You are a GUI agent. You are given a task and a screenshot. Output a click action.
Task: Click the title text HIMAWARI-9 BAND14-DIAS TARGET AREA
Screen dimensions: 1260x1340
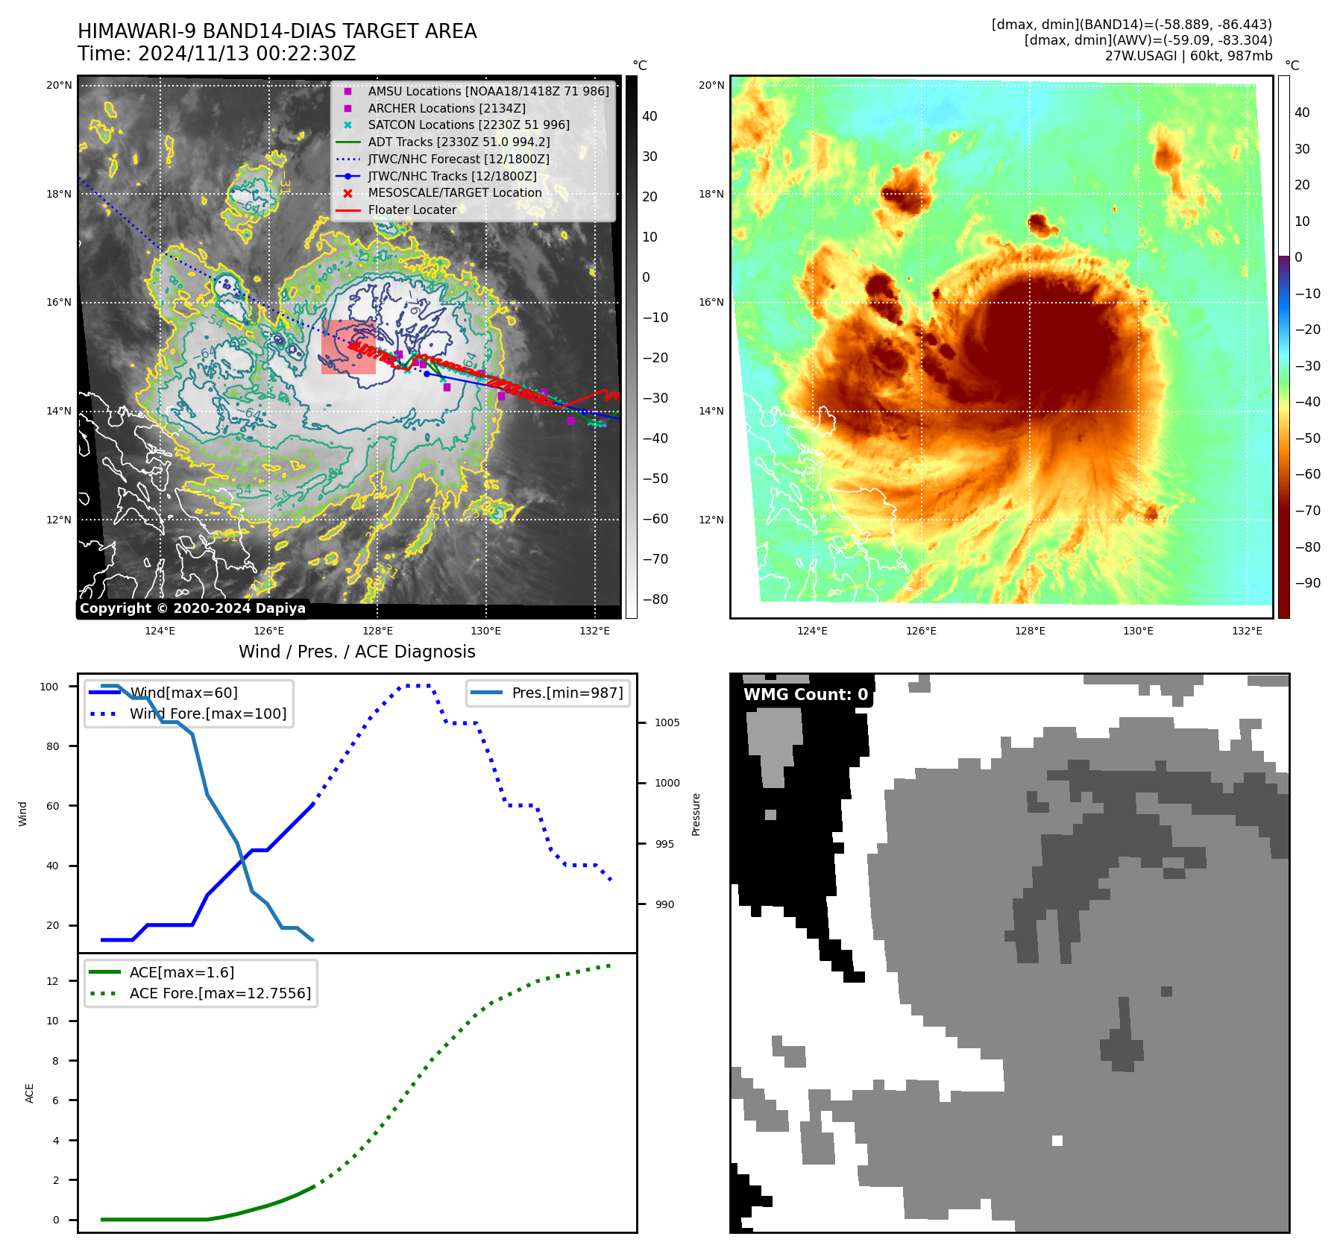click(x=277, y=31)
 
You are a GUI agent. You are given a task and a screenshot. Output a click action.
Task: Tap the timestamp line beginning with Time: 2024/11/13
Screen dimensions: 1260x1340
click(x=216, y=54)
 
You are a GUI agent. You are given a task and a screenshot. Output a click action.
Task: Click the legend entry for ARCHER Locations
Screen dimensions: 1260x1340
click(x=446, y=108)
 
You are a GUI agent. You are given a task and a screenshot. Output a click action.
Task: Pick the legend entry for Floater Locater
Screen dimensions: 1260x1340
click(x=412, y=210)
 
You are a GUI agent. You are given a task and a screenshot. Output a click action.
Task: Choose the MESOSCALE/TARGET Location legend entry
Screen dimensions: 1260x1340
click(x=454, y=193)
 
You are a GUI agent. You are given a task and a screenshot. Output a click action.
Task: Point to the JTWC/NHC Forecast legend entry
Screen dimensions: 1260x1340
click(x=458, y=160)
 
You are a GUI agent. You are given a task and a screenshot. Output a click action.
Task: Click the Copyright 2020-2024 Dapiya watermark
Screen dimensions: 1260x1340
click(x=192, y=608)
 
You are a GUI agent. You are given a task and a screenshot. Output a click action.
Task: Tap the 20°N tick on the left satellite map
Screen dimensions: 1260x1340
click(x=59, y=85)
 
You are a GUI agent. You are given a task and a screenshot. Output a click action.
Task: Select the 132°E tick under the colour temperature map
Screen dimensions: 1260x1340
click(x=1247, y=631)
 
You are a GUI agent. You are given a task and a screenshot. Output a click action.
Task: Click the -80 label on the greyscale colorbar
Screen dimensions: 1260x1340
click(x=655, y=599)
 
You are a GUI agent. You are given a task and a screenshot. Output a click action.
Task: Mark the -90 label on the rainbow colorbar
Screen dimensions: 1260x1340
click(x=1307, y=583)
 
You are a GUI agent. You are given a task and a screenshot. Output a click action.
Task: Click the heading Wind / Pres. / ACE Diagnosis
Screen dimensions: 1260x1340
click(x=356, y=652)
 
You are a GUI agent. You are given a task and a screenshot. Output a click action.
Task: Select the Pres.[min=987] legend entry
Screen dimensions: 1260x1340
click(x=567, y=693)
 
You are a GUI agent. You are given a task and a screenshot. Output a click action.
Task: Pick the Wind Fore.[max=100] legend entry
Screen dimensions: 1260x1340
click(x=207, y=714)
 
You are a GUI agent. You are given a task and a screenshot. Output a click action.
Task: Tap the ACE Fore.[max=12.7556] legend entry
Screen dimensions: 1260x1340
click(x=220, y=993)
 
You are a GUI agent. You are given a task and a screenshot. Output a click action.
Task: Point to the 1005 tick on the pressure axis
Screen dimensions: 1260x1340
click(x=667, y=722)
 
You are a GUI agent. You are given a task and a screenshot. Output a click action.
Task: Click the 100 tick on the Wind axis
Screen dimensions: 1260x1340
click(x=49, y=687)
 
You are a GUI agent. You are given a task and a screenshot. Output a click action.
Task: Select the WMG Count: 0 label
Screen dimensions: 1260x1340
click(x=805, y=695)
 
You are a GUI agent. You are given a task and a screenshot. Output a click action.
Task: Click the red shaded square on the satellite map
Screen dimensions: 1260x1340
click(x=348, y=347)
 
